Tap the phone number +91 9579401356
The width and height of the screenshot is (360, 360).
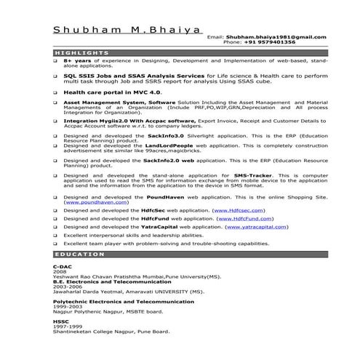click(270, 42)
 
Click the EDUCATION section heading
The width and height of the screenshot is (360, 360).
click(79, 255)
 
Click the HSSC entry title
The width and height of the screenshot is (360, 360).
click(60, 321)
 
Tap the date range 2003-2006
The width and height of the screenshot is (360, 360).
click(66, 287)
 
